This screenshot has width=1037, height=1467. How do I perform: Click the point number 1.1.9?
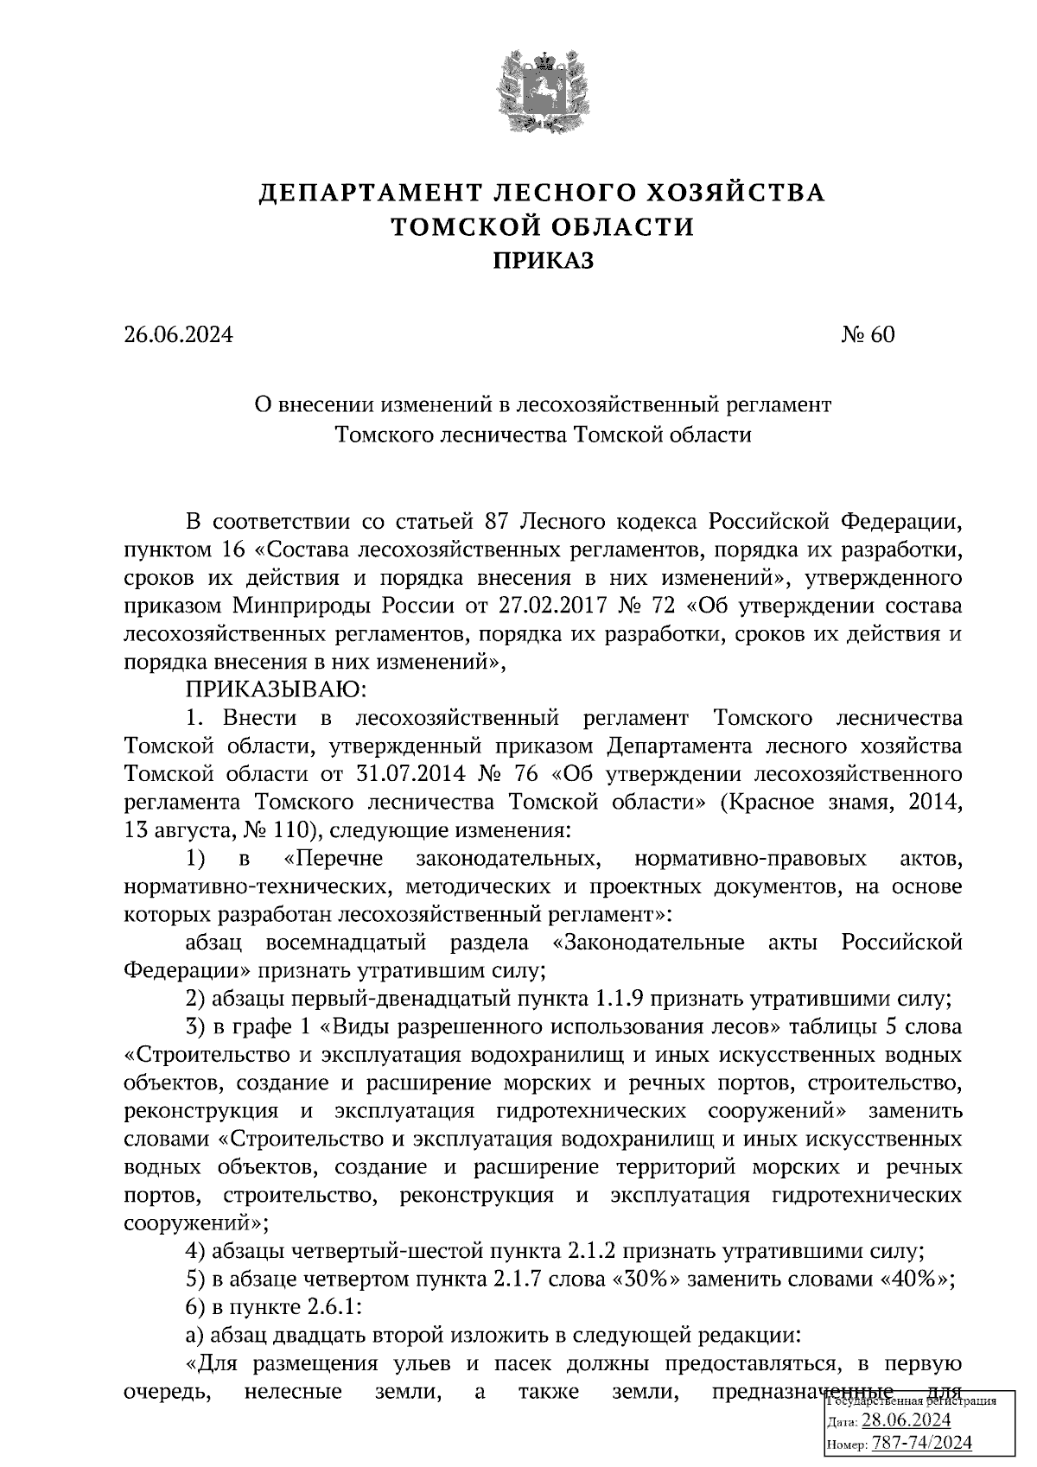620,1000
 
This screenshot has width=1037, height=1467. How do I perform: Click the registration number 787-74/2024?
921,1443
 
